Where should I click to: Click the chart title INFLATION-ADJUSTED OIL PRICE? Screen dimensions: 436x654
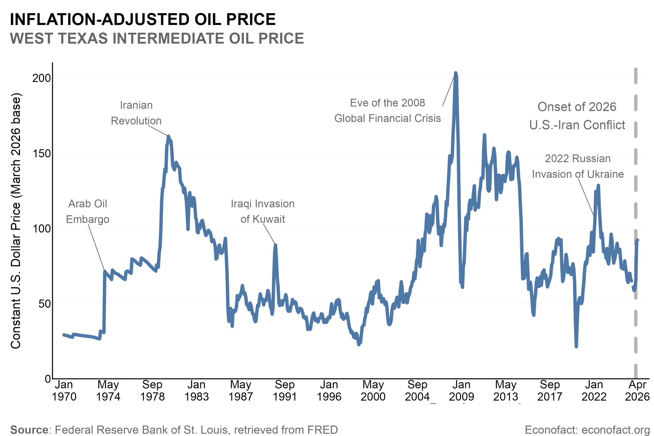[143, 19]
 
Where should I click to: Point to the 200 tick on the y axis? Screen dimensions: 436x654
[42, 78]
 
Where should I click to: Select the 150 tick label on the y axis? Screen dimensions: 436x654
[42, 154]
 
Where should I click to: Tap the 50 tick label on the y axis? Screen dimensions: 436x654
[44, 304]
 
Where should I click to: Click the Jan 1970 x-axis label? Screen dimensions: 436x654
[64, 391]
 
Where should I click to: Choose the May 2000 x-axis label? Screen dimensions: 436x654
[373, 391]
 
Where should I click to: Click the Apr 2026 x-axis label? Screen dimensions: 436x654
[637, 391]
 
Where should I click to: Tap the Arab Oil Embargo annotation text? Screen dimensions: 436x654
[88, 211]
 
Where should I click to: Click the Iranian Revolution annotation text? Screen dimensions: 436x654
[136, 113]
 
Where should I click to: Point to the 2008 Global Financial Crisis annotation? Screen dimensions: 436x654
[387, 111]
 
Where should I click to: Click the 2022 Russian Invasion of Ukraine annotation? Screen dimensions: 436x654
[578, 166]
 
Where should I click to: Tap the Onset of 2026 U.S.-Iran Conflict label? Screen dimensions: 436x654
[577, 116]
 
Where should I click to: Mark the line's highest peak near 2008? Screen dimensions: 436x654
[456, 73]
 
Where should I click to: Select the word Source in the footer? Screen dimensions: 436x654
[29, 430]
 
